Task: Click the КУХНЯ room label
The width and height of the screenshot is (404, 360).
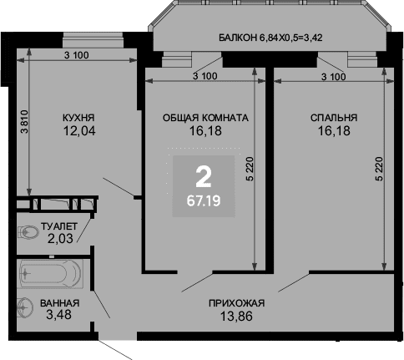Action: pos(78,118)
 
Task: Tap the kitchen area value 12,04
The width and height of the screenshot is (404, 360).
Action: pos(79,130)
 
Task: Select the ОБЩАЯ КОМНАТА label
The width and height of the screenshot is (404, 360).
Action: pos(205,118)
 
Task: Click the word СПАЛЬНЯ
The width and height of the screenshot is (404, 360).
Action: pos(334,118)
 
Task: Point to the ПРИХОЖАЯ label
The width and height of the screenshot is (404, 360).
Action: pos(236,303)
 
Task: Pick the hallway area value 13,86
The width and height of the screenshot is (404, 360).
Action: pos(236,316)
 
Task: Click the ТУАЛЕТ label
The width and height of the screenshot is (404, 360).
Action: pos(59,226)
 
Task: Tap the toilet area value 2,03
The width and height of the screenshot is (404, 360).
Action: pos(60,238)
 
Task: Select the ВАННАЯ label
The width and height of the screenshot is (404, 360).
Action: pos(59,303)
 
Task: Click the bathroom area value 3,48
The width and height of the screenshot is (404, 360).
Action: pos(58,315)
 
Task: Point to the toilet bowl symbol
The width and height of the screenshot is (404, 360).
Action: pos(28,232)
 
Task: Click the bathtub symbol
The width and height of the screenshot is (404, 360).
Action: pos(52,274)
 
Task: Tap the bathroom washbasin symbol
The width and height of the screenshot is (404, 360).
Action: pos(25,307)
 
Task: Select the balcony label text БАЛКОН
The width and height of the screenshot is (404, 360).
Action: pos(238,38)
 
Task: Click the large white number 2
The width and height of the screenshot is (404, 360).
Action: pos(204,176)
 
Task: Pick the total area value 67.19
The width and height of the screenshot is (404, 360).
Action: pos(204,200)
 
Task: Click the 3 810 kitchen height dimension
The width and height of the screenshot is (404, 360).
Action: pos(25,122)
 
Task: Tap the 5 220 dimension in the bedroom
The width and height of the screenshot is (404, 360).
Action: pos(379,169)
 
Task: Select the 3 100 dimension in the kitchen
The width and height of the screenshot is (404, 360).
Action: pos(77,55)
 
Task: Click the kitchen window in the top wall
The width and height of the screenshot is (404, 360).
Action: pos(93,40)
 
